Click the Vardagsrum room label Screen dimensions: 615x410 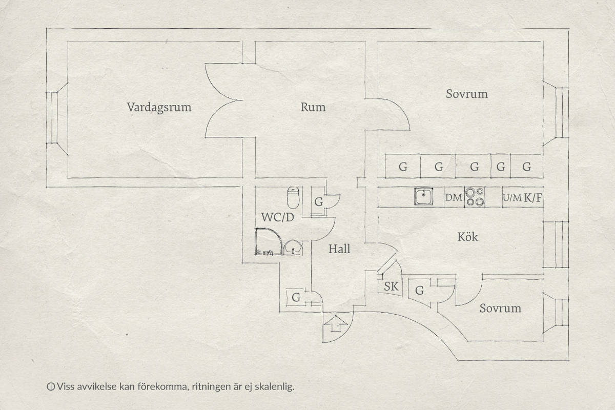[x=159, y=108]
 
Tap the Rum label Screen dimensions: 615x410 [x=313, y=107]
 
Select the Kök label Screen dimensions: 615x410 [x=467, y=237]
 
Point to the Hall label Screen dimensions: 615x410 [x=339, y=249]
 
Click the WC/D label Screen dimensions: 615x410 [x=278, y=217]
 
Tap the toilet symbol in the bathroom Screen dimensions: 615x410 [x=293, y=197]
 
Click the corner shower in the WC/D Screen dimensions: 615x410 [x=268, y=242]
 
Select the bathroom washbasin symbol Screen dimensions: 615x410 [x=293, y=248]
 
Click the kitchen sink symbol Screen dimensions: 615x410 [x=424, y=196]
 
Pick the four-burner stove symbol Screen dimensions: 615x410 [x=475, y=197]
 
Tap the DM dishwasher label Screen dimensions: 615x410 [x=454, y=197]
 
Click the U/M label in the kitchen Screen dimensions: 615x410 [x=512, y=198]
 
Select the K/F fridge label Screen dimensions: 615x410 [x=533, y=198]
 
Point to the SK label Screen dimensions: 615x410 [x=391, y=286]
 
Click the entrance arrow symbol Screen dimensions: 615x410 [x=336, y=324]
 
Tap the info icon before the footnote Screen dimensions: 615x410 [x=51, y=387]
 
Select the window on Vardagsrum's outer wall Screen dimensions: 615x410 [x=52, y=117]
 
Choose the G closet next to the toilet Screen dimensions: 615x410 [x=318, y=202]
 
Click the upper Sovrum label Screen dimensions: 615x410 [x=467, y=94]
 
